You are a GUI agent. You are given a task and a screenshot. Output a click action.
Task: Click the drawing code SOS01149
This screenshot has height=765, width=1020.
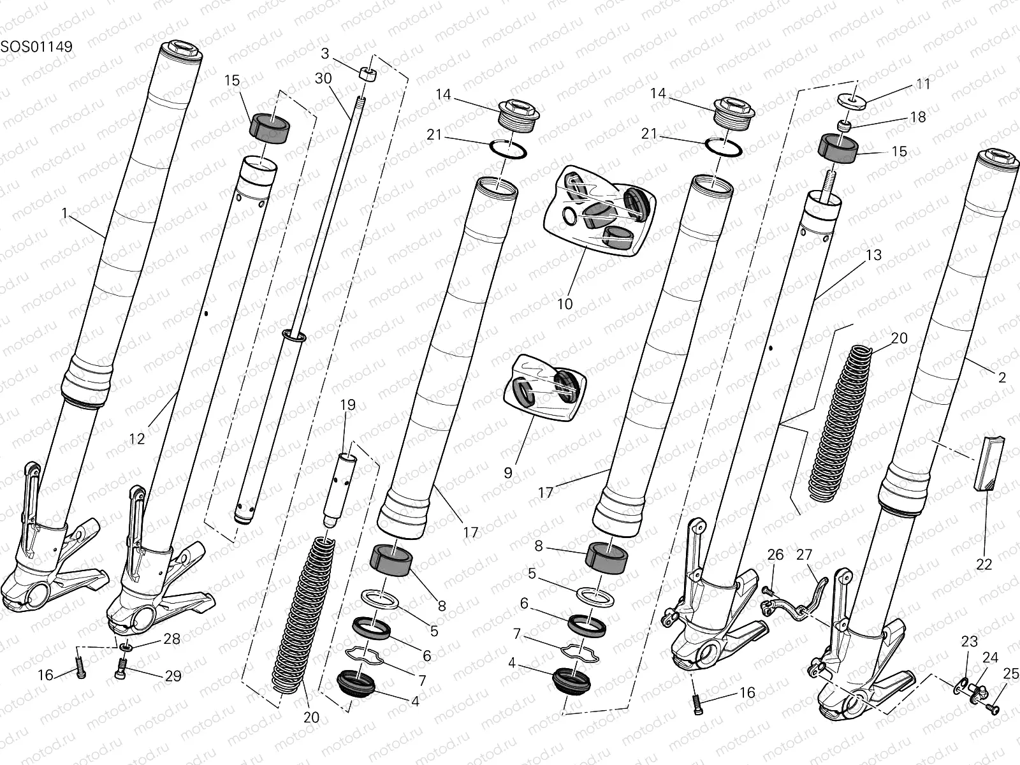click(36, 47)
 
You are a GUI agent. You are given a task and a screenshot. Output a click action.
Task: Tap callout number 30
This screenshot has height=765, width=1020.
click(323, 78)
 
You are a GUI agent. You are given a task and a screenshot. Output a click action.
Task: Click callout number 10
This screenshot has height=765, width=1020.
click(565, 304)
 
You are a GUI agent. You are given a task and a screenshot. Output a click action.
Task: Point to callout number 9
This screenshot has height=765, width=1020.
click(508, 472)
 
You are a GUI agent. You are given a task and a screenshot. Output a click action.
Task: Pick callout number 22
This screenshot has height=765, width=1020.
click(984, 564)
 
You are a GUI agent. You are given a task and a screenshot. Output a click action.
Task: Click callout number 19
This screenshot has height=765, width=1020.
click(347, 405)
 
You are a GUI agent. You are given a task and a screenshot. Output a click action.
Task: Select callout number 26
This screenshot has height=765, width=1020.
click(775, 555)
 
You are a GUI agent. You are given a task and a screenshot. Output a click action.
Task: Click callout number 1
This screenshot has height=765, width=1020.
click(64, 214)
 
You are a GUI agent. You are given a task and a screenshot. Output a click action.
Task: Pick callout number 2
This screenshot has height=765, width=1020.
click(1002, 377)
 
